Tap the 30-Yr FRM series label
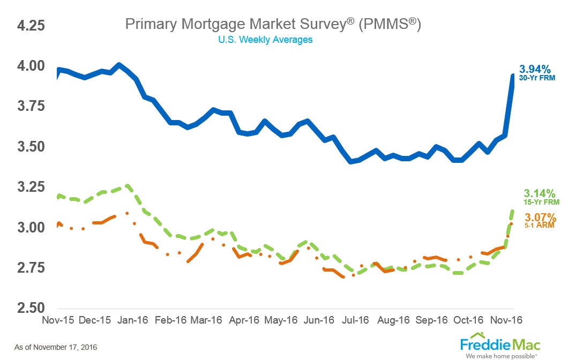point(536,78)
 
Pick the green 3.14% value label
point(540,193)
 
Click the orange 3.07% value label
point(540,217)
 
